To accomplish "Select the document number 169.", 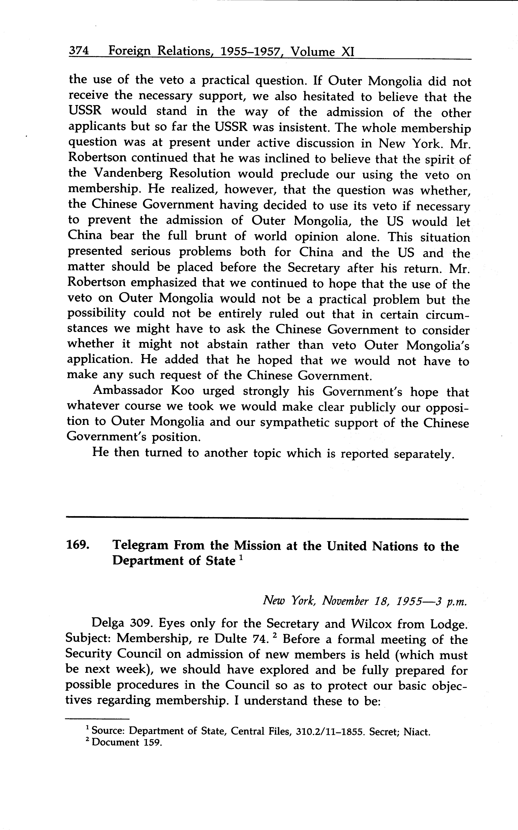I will [77, 546].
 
